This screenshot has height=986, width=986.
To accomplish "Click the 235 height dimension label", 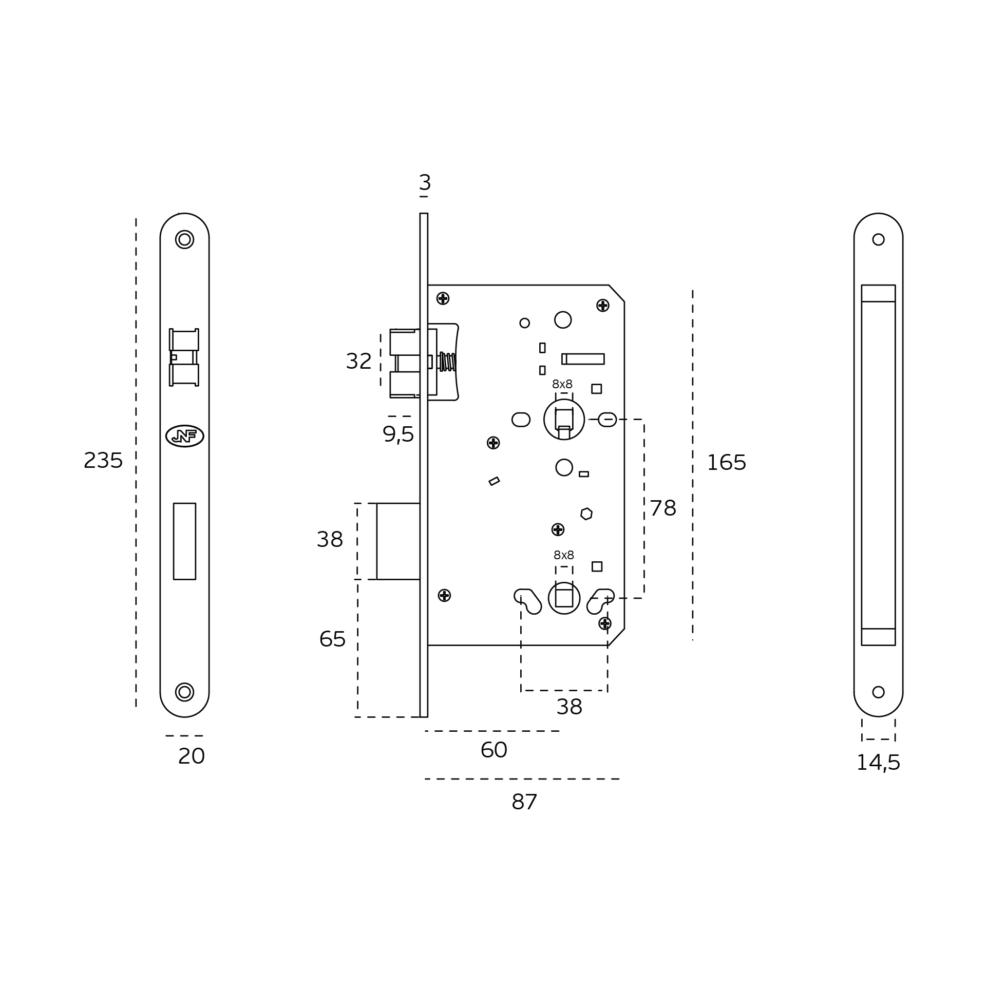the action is click(103, 461).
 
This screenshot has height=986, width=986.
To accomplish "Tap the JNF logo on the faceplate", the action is click(185, 436).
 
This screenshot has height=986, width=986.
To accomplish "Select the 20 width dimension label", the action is click(192, 756).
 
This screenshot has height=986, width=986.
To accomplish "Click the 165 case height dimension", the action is click(726, 463).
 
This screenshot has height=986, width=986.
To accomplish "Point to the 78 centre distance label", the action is click(663, 508).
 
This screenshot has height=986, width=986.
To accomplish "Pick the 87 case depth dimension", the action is click(524, 802).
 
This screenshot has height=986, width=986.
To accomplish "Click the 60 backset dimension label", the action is click(494, 750).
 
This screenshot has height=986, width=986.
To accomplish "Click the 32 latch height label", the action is click(358, 362).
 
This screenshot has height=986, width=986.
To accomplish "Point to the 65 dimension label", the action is click(332, 639).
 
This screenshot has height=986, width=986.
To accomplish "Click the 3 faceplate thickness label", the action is click(425, 182).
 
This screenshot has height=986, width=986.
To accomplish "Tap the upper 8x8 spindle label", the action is click(562, 384).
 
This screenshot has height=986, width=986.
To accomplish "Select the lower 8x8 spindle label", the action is click(564, 555).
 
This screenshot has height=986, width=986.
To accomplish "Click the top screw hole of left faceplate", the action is click(184, 239).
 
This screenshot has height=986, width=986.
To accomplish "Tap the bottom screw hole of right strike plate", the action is click(878, 692).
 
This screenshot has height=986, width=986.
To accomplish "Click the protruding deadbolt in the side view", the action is click(399, 541).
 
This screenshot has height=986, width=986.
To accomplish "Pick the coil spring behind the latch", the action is click(447, 362).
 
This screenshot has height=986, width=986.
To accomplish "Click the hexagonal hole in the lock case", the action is click(586, 514).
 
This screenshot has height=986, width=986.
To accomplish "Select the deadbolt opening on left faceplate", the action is click(184, 541).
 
